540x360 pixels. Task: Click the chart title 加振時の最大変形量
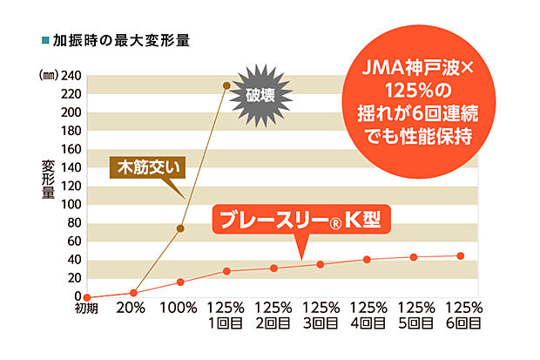121,40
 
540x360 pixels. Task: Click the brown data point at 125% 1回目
226,85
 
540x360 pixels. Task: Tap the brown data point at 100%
180,228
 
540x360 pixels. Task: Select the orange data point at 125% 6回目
461,255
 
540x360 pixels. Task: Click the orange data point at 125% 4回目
367,259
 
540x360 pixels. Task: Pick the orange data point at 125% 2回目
273,268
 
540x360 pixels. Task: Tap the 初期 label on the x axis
86,309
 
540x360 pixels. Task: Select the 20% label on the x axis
133,309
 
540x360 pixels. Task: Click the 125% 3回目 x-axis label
321,316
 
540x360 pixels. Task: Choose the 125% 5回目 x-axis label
414,316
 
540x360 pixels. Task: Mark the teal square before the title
44,40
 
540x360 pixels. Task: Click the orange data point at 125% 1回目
226,271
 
